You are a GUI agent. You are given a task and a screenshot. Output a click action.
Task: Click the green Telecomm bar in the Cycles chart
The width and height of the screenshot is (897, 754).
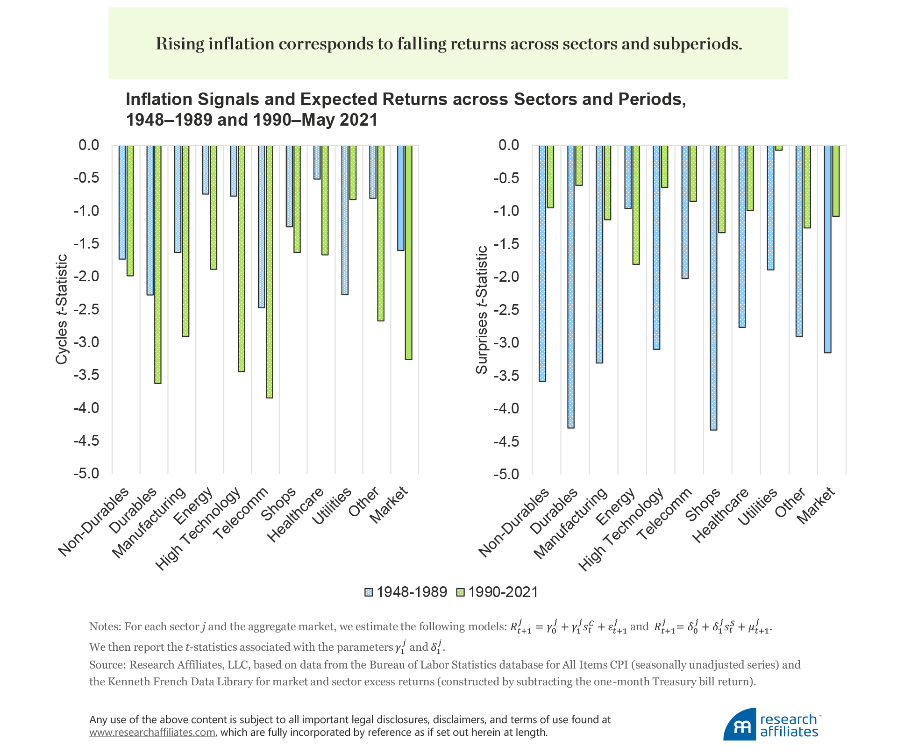click(270, 271)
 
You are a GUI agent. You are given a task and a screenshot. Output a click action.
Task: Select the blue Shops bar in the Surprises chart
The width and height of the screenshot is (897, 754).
click(713, 287)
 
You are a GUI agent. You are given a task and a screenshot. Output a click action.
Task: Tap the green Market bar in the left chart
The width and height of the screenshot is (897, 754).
click(409, 252)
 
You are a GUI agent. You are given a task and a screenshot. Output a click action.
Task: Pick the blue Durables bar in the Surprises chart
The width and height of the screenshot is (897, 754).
click(571, 286)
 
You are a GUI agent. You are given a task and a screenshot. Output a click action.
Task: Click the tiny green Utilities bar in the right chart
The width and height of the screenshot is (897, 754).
click(779, 148)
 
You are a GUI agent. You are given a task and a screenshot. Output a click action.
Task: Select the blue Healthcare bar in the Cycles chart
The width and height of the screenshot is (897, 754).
click(317, 162)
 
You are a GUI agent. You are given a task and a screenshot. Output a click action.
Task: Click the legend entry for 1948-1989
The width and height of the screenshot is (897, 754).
click(406, 592)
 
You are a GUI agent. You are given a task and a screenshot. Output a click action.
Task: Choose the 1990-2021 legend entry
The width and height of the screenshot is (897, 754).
click(497, 592)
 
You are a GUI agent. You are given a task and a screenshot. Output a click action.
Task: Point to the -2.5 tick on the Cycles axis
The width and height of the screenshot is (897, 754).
click(86, 309)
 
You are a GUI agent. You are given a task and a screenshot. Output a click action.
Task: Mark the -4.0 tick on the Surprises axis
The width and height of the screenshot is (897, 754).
click(506, 408)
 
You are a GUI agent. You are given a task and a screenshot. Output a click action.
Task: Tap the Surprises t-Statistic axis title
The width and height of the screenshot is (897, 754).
click(482, 309)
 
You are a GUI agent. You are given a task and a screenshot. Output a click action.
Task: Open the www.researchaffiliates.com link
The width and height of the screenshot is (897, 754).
click(152, 732)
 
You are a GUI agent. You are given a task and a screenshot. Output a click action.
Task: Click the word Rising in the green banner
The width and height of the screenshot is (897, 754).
click(180, 44)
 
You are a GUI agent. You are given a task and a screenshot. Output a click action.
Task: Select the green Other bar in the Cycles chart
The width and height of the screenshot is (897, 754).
click(381, 233)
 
